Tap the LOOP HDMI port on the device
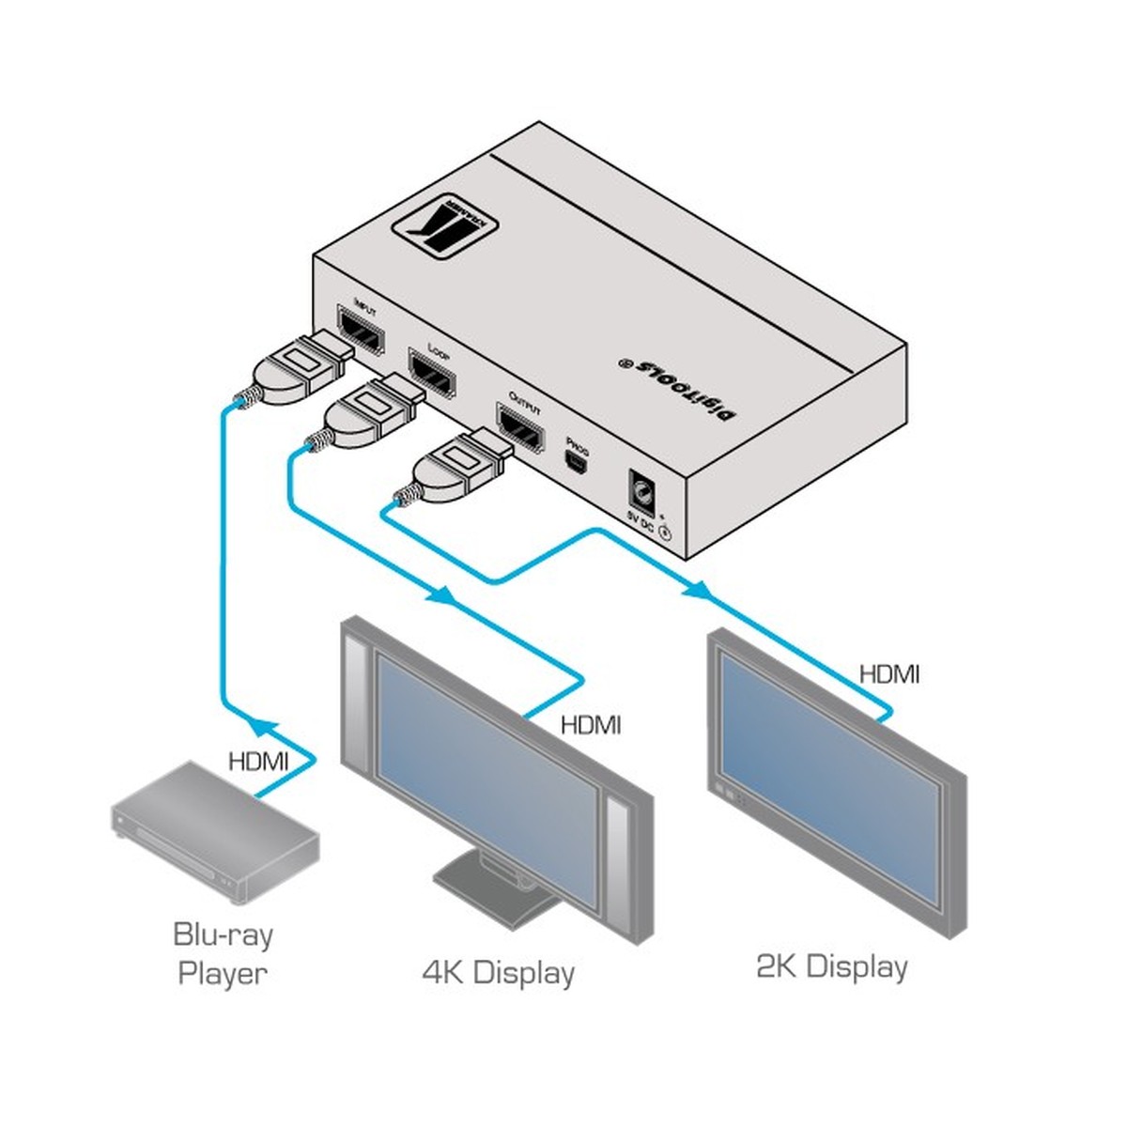click(x=432, y=375)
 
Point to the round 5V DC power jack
click(x=643, y=492)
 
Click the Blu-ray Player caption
click(x=223, y=953)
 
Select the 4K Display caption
click(x=498, y=972)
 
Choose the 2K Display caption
click(x=832, y=966)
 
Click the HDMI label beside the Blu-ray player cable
click(x=258, y=760)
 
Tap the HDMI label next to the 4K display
click(x=590, y=725)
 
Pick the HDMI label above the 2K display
click(x=889, y=673)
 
